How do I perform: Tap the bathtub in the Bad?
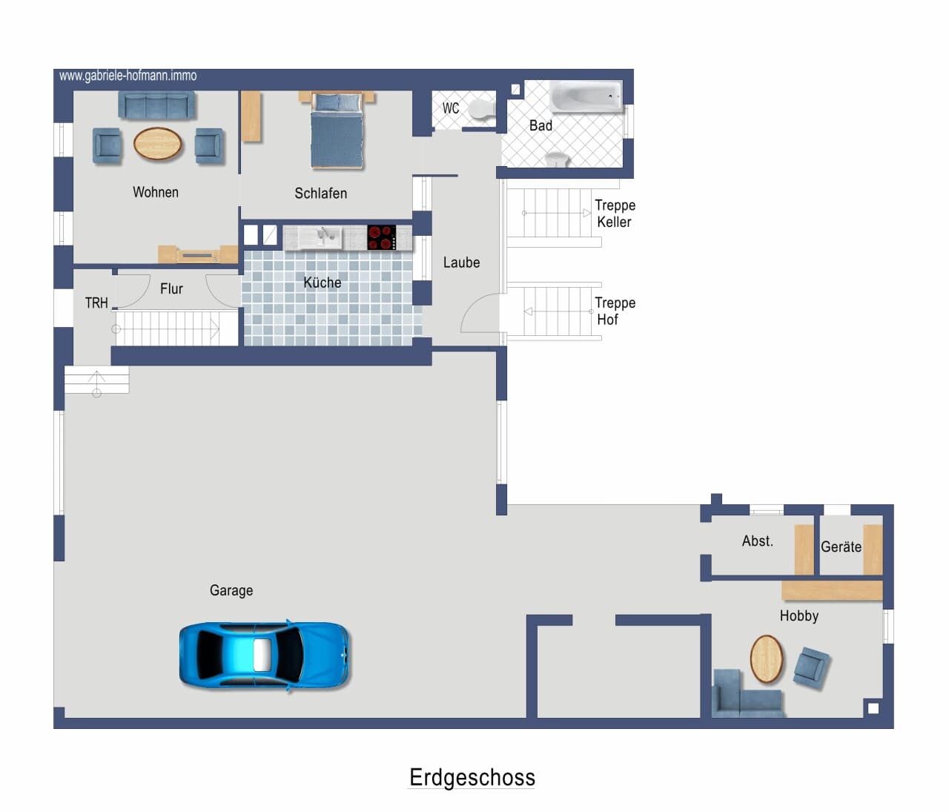[x=586, y=96]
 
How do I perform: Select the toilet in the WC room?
[x=482, y=109]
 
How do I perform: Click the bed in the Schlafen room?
[x=337, y=130]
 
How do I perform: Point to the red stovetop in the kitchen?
[x=382, y=237]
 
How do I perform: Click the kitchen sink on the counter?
[x=320, y=237]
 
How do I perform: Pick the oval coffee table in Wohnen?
[x=157, y=144]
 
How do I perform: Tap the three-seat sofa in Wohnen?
[x=156, y=105]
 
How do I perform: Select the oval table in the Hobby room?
[x=766, y=658]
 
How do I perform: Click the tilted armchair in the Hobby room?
[x=811, y=668]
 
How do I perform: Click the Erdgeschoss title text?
[x=472, y=777]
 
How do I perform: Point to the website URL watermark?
[x=128, y=76]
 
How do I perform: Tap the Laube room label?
[x=461, y=263]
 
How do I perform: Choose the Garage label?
[x=231, y=590]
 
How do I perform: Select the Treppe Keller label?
[x=615, y=214]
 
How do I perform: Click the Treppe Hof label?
[x=615, y=311]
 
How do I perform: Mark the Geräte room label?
[x=841, y=547]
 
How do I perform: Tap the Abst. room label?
[x=758, y=541]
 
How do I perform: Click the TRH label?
[x=96, y=303]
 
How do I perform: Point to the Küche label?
[x=323, y=282]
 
